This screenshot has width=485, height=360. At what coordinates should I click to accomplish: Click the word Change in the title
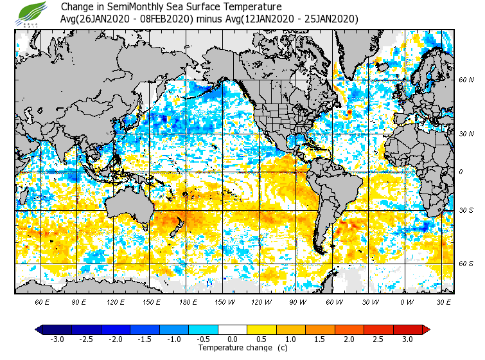(x=76, y=7)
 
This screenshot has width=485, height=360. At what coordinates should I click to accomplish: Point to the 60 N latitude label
(x=466, y=80)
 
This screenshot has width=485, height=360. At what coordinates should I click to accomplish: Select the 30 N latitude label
(x=466, y=134)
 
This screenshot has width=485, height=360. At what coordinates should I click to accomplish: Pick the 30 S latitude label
(x=466, y=211)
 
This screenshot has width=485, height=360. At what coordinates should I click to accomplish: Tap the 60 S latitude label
(x=466, y=264)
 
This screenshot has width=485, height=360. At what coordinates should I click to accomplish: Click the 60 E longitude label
(x=42, y=301)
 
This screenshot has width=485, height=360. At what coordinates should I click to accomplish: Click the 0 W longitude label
(x=407, y=301)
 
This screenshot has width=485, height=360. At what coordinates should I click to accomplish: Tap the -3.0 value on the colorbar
(x=57, y=339)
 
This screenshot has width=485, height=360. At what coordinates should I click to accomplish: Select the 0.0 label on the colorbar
(x=232, y=339)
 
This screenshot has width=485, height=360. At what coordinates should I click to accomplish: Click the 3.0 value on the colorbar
(x=407, y=339)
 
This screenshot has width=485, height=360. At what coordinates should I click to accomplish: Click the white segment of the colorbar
(x=232, y=330)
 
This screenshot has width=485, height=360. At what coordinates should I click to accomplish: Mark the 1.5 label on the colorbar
(x=320, y=339)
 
